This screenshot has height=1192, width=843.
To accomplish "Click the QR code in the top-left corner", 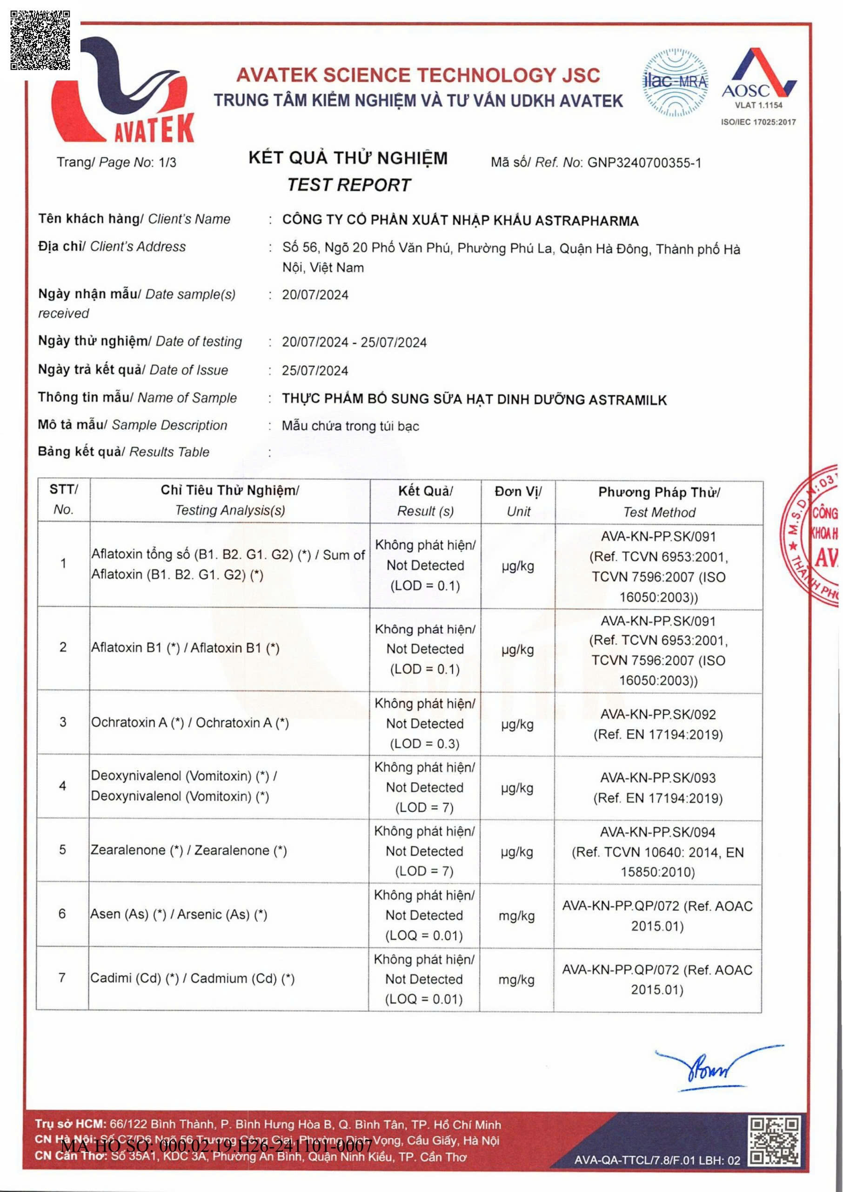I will tap(40, 41).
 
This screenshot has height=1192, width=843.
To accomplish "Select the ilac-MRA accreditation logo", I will tap(675, 82).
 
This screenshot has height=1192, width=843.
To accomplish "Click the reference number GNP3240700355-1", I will tap(644, 163).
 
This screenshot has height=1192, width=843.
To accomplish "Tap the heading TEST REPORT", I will tap(349, 185).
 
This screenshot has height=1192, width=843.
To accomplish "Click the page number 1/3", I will tap(167, 163).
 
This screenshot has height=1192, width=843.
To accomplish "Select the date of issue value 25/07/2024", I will tap(315, 371).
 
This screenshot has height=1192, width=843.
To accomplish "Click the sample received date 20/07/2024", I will tap(315, 295).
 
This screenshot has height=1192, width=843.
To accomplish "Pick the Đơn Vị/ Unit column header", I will tap(518, 501).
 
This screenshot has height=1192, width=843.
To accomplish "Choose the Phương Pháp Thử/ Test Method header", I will tap(659, 502).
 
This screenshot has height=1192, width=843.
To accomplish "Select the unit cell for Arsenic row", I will tap(516, 916).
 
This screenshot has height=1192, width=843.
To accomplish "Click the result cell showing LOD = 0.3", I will tap(425, 723).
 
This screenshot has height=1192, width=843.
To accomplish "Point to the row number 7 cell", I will tap(62, 978).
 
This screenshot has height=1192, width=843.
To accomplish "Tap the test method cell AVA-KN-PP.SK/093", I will tap(658, 787).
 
